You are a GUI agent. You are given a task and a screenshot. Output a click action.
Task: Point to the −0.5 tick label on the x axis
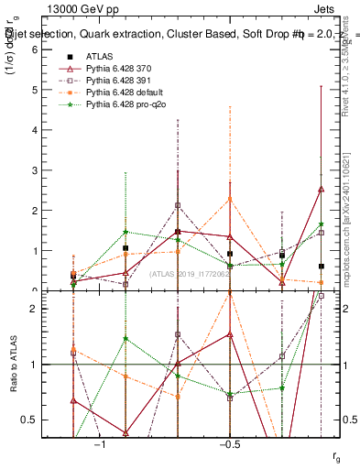click(229, 444)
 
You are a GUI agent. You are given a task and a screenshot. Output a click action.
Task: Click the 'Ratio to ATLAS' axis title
click(14, 365)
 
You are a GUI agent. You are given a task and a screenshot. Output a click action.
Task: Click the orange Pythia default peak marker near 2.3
click(230, 199)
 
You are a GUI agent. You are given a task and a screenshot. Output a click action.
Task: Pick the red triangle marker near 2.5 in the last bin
click(321, 189)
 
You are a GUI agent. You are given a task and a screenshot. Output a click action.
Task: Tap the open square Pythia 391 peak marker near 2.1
click(178, 205)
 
